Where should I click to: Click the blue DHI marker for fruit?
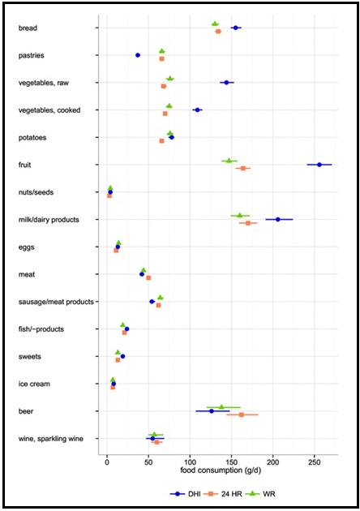[319, 165]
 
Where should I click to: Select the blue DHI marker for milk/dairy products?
[278, 219]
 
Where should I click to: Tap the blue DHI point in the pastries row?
[138, 55]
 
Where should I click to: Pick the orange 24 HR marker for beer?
[242, 414]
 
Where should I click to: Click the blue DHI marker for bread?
[235, 28]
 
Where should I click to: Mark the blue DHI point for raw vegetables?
[226, 83]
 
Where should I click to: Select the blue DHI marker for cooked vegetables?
[197, 109]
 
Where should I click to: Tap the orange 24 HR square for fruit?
[243, 168]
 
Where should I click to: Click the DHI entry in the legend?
[188, 492]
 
